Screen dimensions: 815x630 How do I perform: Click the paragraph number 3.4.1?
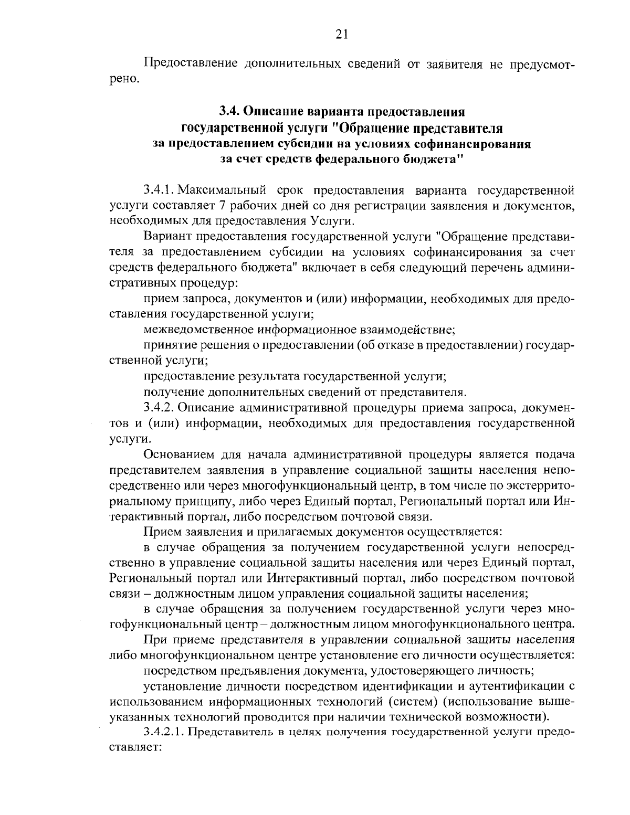[160, 190]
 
